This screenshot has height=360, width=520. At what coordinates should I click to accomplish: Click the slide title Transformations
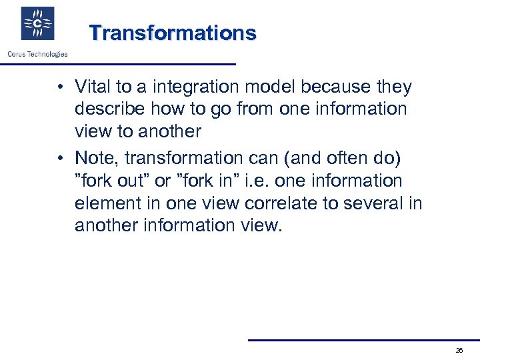click(x=173, y=33)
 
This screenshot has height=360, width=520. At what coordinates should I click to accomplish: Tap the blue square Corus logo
click(x=37, y=24)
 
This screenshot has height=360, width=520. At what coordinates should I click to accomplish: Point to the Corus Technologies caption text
click(x=37, y=55)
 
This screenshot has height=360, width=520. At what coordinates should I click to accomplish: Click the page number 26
click(x=459, y=351)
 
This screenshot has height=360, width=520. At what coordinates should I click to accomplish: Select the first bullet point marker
click(x=60, y=87)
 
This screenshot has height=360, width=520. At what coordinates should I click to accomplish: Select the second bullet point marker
click(x=60, y=158)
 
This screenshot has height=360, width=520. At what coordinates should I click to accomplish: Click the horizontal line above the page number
click(x=363, y=340)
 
